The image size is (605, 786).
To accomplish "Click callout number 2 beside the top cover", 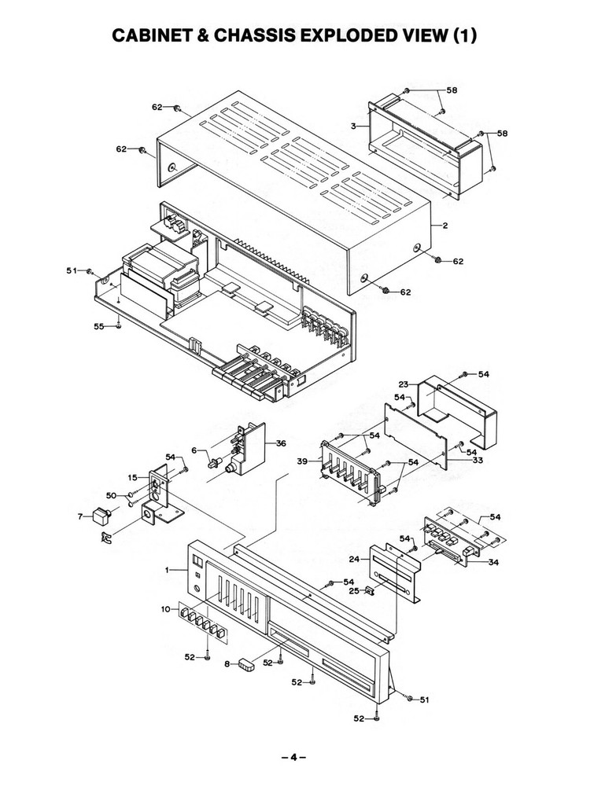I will [445, 226].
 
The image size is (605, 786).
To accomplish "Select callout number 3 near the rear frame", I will [355, 125].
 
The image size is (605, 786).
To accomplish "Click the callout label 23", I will [404, 384].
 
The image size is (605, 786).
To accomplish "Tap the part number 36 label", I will [281, 443].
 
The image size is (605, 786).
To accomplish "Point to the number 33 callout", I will [477, 461].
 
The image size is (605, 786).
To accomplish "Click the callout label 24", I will [354, 560].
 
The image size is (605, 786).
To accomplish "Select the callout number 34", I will [493, 562].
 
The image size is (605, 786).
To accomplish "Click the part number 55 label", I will [99, 325].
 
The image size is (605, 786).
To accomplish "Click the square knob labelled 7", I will [100, 518].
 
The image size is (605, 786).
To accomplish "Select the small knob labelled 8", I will [248, 664].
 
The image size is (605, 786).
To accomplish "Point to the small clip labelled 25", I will [366, 591].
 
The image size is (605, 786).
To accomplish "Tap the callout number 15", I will [133, 477].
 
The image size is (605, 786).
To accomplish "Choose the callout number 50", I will [110, 495].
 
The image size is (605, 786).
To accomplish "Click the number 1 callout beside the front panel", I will [168, 568].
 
